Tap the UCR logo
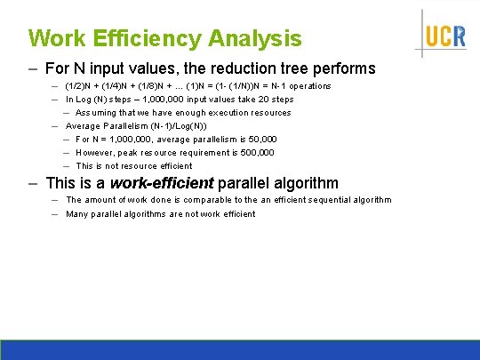[x=444, y=36]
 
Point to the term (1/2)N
[x=80, y=86]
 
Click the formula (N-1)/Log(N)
[x=169, y=126]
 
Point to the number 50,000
[x=260, y=140]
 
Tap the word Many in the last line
[x=76, y=213]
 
